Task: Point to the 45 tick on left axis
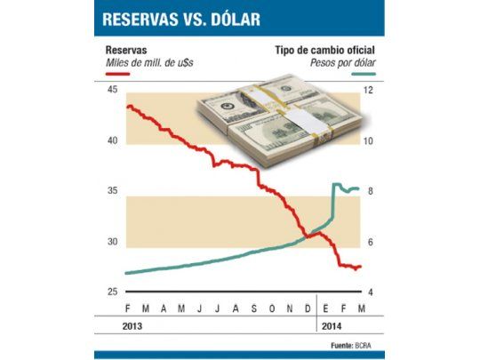(111, 91)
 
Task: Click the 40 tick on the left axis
(111, 141)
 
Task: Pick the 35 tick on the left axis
(111, 191)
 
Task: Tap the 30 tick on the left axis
(111, 242)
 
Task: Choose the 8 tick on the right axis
(368, 191)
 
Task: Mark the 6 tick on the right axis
(368, 242)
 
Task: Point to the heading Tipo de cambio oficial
(324, 51)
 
